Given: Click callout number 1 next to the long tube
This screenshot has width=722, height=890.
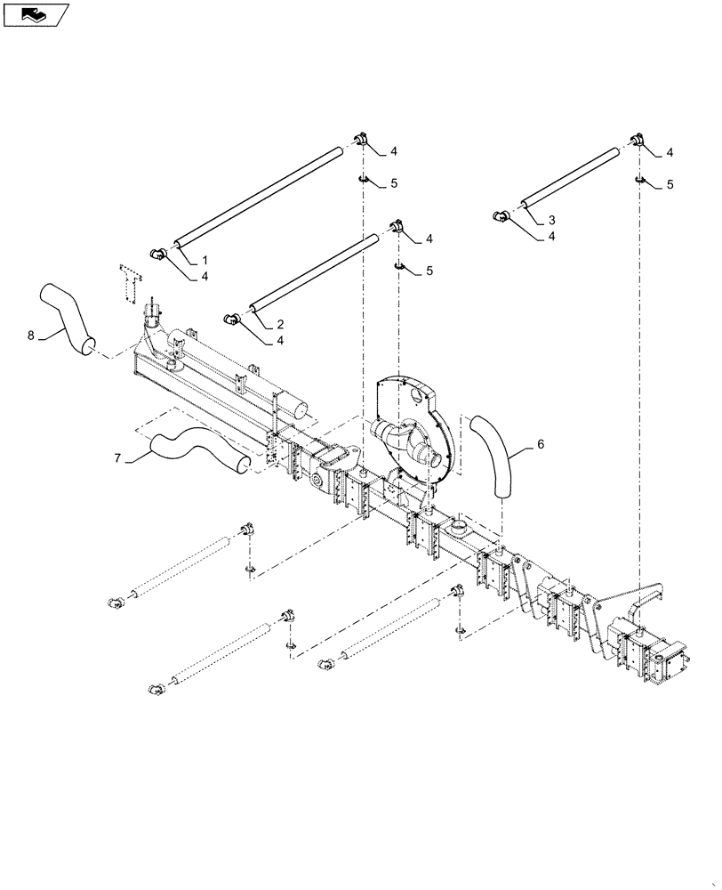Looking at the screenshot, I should coord(205,258).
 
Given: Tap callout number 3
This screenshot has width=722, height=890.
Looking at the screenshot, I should coord(551,220).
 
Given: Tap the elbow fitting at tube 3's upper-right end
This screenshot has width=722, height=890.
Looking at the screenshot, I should coord(637,140).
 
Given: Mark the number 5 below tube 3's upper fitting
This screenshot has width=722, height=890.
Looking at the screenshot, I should coord(670,184).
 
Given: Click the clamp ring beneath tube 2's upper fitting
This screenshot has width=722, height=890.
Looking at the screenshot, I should coord(399,266).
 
